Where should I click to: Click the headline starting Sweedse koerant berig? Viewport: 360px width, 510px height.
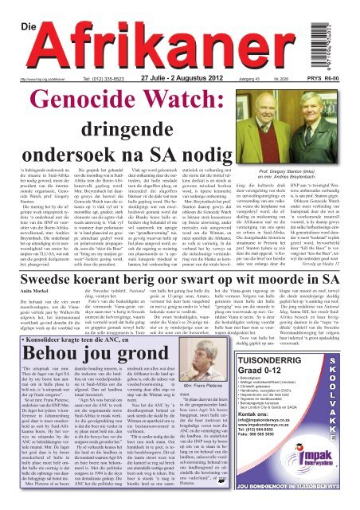179,282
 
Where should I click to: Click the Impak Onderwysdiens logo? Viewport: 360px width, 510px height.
292,481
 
